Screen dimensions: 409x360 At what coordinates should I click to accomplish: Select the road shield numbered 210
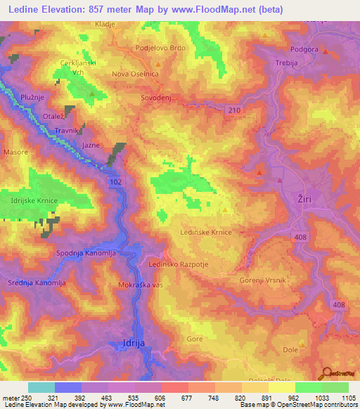click(x=234, y=110)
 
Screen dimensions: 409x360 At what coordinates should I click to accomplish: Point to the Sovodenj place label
click(x=156, y=98)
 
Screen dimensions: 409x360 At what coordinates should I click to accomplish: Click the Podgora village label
click(x=304, y=49)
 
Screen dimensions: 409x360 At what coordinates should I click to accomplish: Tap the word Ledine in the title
click(x=25, y=9)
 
